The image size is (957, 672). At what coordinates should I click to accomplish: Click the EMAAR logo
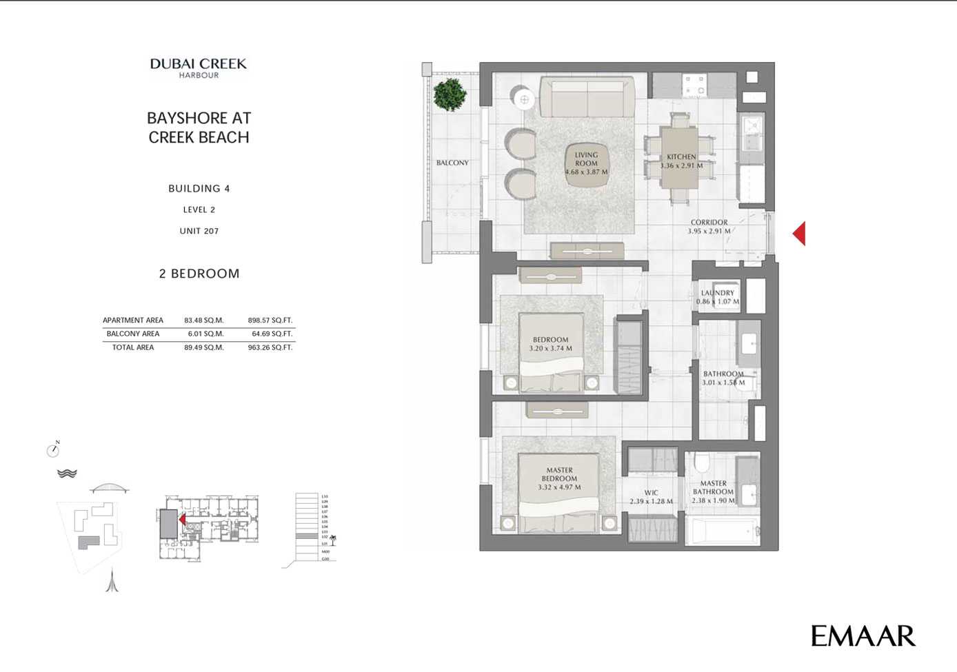(863, 636)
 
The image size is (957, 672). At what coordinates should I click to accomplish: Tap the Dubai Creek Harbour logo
(199, 68)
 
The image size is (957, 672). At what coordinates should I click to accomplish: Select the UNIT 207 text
(199, 231)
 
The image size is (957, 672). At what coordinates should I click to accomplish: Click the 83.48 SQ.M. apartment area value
(204, 320)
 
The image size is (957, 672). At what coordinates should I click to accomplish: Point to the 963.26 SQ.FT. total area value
(270, 347)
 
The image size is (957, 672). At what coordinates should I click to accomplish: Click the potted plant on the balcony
(450, 94)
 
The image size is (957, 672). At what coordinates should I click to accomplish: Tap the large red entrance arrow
(799, 234)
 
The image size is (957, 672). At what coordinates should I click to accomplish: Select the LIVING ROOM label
(586, 159)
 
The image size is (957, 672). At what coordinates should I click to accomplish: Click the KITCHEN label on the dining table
(681, 157)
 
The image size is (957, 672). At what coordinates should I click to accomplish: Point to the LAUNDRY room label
(718, 293)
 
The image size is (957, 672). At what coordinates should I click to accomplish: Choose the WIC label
(651, 493)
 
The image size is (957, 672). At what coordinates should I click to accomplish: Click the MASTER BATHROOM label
(714, 488)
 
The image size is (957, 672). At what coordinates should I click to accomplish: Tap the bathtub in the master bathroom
(723, 531)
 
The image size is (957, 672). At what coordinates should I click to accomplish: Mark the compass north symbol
(53, 450)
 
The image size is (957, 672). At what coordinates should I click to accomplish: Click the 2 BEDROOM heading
(199, 274)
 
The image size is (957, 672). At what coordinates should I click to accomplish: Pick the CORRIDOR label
(709, 223)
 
